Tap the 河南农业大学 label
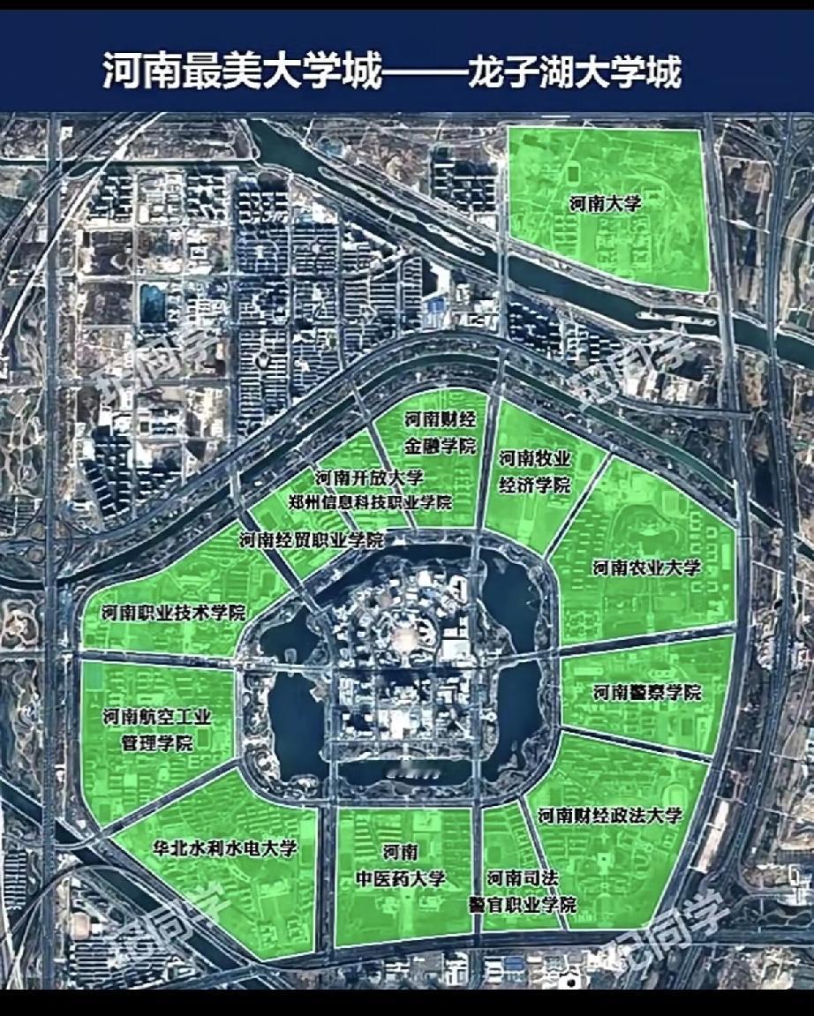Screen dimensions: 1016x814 [x=647, y=568]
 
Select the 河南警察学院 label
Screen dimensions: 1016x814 [x=647, y=692]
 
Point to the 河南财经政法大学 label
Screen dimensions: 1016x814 [x=610, y=815]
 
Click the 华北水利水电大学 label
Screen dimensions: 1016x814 [x=225, y=848]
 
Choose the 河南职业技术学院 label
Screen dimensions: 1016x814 [x=173, y=613]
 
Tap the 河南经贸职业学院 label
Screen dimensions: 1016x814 [x=311, y=539]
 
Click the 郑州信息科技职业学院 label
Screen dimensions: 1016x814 [x=370, y=502]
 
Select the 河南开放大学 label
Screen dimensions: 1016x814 [x=369, y=478]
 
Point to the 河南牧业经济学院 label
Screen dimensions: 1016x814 [x=535, y=471]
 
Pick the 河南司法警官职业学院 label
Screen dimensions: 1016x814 [x=522, y=891]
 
